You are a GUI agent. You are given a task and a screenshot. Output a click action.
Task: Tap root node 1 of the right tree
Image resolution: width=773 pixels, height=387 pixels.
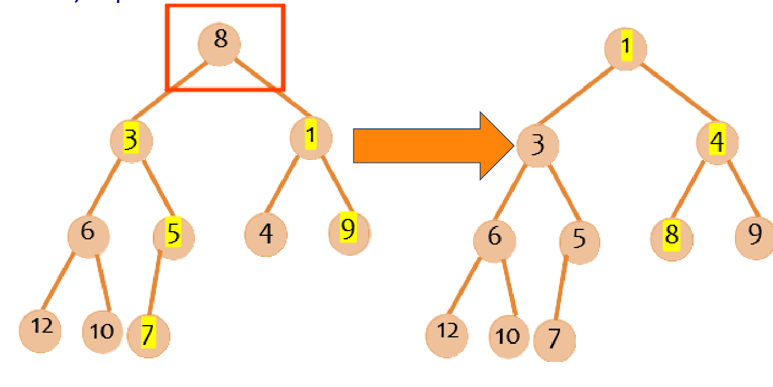click(x=625, y=48)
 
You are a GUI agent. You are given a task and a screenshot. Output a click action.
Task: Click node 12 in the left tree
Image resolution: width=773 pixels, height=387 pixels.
click(x=40, y=330)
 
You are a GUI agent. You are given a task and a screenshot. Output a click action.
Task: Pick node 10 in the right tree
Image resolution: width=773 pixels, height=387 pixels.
click(x=509, y=337)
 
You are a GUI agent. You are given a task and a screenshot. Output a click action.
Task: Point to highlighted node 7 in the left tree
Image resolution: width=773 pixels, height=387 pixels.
click(x=148, y=336)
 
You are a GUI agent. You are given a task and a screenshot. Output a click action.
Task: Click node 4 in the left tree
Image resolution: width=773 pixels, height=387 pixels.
click(x=265, y=235)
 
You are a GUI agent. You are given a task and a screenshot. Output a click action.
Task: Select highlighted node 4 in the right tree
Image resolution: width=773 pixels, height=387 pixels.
click(x=717, y=142)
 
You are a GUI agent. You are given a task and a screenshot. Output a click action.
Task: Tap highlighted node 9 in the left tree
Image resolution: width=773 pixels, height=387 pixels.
click(x=348, y=232)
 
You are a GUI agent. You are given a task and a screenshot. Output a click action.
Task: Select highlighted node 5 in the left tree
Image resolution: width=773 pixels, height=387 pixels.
click(x=173, y=236)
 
